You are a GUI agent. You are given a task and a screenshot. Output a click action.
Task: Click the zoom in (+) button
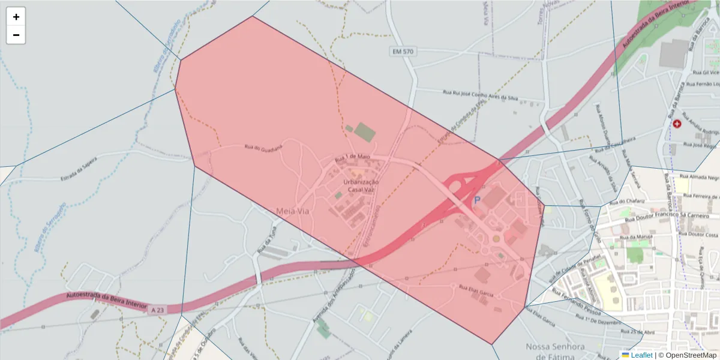coord(16,17)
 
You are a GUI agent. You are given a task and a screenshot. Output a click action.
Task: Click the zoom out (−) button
coord(16,35)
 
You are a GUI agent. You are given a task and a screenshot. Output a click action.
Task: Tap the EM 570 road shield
coord(403,52)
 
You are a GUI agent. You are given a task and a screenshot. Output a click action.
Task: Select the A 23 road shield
coord(157,310)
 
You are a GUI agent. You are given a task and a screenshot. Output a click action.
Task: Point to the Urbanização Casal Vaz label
coord(361,185)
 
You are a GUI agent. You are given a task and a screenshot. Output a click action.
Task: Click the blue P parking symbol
coord(478,200)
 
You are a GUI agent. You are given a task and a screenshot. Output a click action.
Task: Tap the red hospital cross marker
coord(677,124)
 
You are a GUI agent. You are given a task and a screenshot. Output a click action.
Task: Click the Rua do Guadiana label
coord(262,147)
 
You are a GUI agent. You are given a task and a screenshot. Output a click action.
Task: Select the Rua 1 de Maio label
coord(352,158)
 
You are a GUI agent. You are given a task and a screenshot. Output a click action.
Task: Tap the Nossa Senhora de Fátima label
coord(555,352)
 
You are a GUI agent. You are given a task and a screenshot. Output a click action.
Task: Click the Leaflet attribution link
coord(641,355)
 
